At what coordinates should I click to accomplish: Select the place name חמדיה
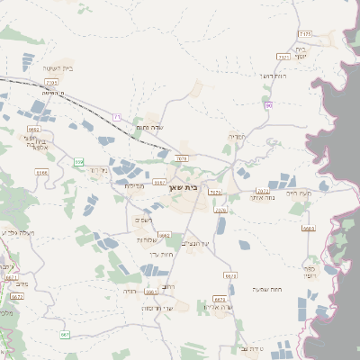point(237,136)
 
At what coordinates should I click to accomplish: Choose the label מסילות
point(134,185)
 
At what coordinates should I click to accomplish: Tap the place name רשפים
point(144,220)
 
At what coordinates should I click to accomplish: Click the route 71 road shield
point(117,116)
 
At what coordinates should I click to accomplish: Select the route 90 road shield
point(267,106)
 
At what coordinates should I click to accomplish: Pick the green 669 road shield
point(78,162)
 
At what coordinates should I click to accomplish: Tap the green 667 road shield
point(65,335)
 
